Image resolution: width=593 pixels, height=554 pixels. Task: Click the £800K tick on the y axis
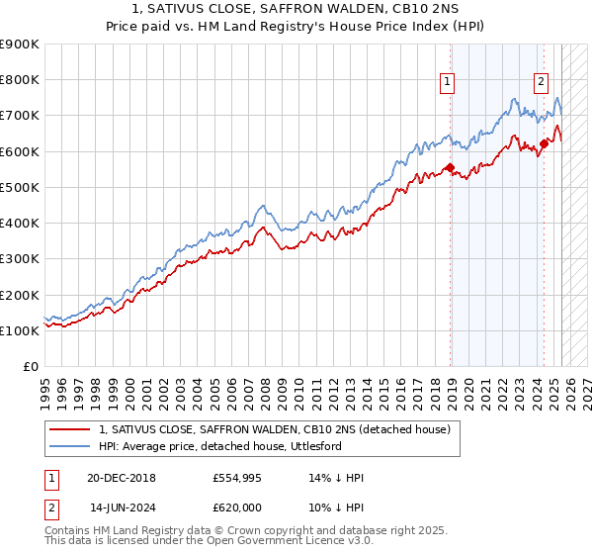(20, 80)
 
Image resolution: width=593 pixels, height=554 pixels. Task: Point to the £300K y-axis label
(20, 259)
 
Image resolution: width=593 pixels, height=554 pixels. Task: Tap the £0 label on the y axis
(32, 367)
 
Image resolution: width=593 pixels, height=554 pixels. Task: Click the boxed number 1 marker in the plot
(448, 82)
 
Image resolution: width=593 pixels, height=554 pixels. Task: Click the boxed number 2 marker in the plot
(542, 82)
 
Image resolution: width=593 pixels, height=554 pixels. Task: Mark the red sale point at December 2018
(451, 168)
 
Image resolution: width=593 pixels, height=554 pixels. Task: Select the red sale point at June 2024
(544, 144)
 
